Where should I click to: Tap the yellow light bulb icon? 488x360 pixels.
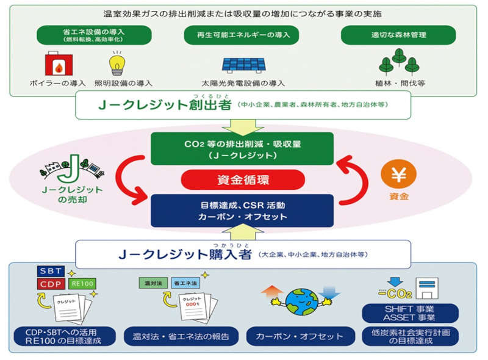pyautogui.click(x=116, y=62)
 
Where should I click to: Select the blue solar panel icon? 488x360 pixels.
pyautogui.click(x=243, y=65)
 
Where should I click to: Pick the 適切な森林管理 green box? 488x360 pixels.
pyautogui.click(x=398, y=35)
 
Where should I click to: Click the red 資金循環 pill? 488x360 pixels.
pyautogui.click(x=243, y=180)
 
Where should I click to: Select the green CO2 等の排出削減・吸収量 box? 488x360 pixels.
pyautogui.click(x=243, y=148)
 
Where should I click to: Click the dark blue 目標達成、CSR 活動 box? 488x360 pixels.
pyautogui.click(x=243, y=211)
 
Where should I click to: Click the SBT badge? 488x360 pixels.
pyautogui.click(x=52, y=271)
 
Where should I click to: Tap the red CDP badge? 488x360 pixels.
pyautogui.click(x=52, y=284)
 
